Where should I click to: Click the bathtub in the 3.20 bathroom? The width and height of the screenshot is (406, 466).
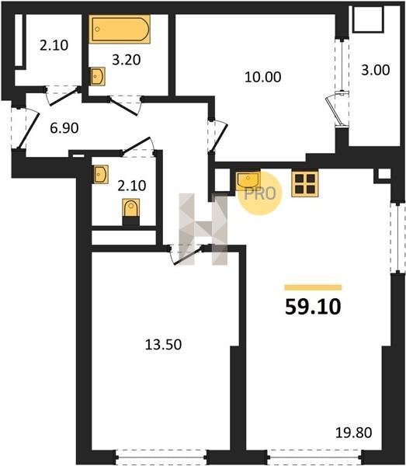120,30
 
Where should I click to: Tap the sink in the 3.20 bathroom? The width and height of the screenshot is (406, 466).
98,76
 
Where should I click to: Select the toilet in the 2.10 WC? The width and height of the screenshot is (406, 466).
131,209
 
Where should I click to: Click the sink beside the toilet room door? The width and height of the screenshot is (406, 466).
101,175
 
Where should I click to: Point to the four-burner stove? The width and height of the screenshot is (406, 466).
305,183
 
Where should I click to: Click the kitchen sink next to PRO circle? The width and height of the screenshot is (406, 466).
248,180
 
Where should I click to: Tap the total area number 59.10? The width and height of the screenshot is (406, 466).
313,307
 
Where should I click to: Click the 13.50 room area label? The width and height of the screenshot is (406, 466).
163,345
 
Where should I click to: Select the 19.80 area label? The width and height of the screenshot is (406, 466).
354,433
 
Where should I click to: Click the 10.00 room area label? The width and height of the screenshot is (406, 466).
263,77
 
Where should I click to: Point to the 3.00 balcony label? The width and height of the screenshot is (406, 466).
376,70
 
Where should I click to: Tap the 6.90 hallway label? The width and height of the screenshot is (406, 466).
64,128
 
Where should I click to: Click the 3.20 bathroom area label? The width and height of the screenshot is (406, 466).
127,60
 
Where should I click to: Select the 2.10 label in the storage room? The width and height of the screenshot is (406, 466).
54,46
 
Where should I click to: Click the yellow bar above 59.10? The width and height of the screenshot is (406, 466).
313,287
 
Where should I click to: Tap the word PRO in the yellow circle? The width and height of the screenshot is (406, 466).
260,193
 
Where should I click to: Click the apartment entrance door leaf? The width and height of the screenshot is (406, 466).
29,130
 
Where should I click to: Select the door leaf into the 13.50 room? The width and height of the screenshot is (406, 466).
189,256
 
